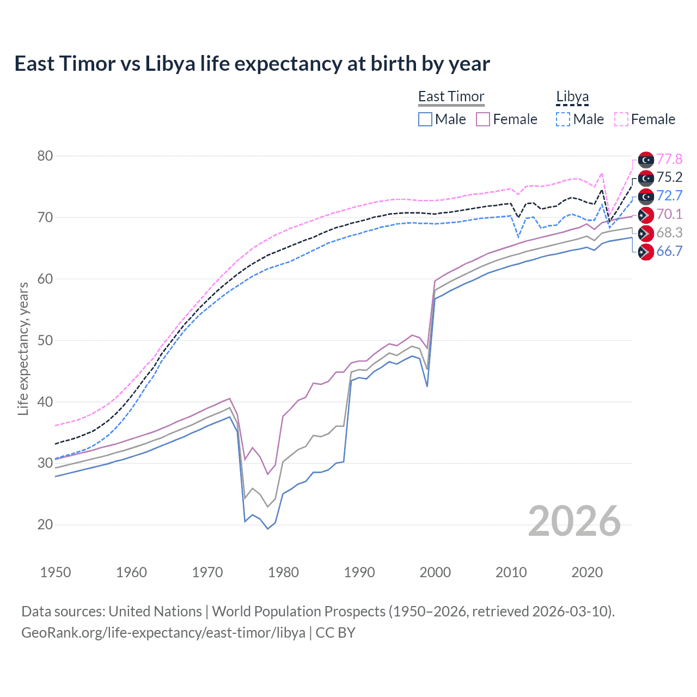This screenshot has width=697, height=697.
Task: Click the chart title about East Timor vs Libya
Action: (x=252, y=64)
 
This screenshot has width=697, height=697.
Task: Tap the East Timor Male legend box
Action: (x=425, y=119)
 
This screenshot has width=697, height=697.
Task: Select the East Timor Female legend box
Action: (x=484, y=119)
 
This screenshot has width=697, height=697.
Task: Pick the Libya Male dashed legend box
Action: (x=563, y=119)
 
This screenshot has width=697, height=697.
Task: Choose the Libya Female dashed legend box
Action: (x=621, y=119)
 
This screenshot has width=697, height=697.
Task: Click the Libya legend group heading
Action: (x=572, y=97)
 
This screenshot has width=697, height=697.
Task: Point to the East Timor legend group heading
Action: (x=451, y=97)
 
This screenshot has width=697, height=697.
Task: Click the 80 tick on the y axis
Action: (x=45, y=156)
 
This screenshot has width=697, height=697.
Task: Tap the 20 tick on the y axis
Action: (x=45, y=525)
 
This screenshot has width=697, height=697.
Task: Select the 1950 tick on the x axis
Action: (x=56, y=572)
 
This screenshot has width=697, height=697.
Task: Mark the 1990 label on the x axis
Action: (x=359, y=572)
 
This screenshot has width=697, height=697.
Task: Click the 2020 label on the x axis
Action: (x=587, y=572)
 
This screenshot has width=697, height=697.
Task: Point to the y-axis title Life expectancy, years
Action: (x=23, y=348)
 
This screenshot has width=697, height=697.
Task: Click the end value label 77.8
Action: (x=669, y=159)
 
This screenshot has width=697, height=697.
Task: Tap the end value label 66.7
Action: (x=669, y=251)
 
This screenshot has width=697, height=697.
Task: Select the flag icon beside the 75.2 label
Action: (x=646, y=178)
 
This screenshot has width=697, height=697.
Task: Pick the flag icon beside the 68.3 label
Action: (x=646, y=234)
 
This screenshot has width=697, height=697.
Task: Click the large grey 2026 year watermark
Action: (x=574, y=522)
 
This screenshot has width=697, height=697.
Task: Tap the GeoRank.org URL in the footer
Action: (x=163, y=633)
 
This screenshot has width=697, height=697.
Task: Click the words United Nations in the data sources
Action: (x=155, y=612)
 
